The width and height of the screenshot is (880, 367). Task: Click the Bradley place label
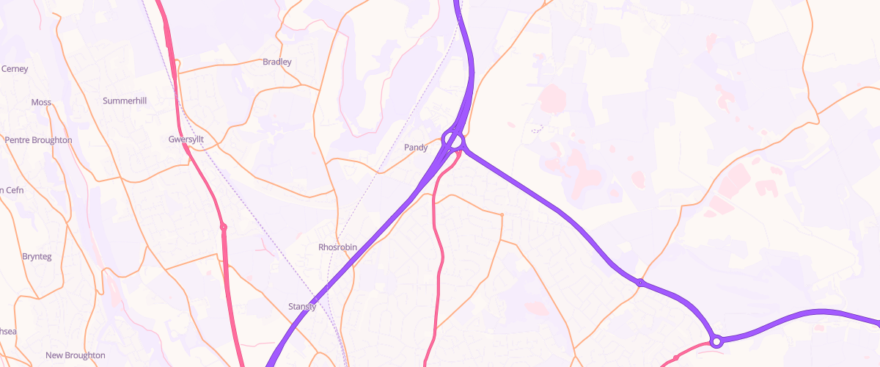(277, 62)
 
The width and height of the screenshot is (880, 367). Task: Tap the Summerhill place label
(125, 101)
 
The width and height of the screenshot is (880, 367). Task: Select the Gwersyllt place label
(186, 139)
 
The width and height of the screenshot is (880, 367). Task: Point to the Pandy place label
(416, 148)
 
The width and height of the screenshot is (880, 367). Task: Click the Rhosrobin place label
(337, 247)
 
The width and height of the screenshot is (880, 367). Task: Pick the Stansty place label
(302, 307)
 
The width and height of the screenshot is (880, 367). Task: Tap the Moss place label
(41, 102)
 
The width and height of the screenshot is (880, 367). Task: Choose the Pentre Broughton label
(38, 140)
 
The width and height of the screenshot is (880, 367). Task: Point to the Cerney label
(15, 69)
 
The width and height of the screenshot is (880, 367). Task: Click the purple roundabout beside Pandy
(453, 139)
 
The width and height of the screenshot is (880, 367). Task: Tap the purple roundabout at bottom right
(716, 341)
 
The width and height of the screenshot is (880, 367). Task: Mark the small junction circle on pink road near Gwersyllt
(224, 228)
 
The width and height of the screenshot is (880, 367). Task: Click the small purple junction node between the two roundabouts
(640, 283)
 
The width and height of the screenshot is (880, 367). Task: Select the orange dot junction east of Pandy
(502, 214)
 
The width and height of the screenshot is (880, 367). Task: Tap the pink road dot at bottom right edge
(676, 357)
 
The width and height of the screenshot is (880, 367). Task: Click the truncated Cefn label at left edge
(11, 191)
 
